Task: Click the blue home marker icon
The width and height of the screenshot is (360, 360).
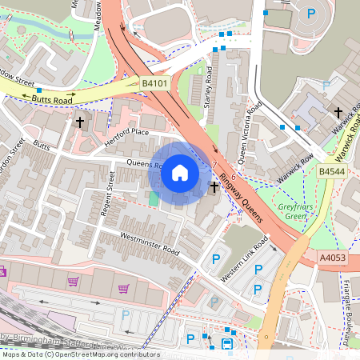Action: (180, 173)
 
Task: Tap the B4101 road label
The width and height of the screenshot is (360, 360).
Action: (155, 82)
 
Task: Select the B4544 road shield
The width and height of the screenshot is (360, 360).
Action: (331, 171)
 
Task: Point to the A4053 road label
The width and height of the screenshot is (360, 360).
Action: (332, 258)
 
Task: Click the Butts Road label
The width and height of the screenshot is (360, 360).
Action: (54, 98)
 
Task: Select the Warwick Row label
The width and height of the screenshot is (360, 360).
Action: (281, 166)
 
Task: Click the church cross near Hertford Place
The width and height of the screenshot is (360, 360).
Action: (79, 122)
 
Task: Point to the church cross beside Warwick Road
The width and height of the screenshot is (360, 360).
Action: (338, 112)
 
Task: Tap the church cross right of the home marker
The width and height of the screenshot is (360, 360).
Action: (214, 187)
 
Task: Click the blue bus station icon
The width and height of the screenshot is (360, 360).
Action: (227, 344)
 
